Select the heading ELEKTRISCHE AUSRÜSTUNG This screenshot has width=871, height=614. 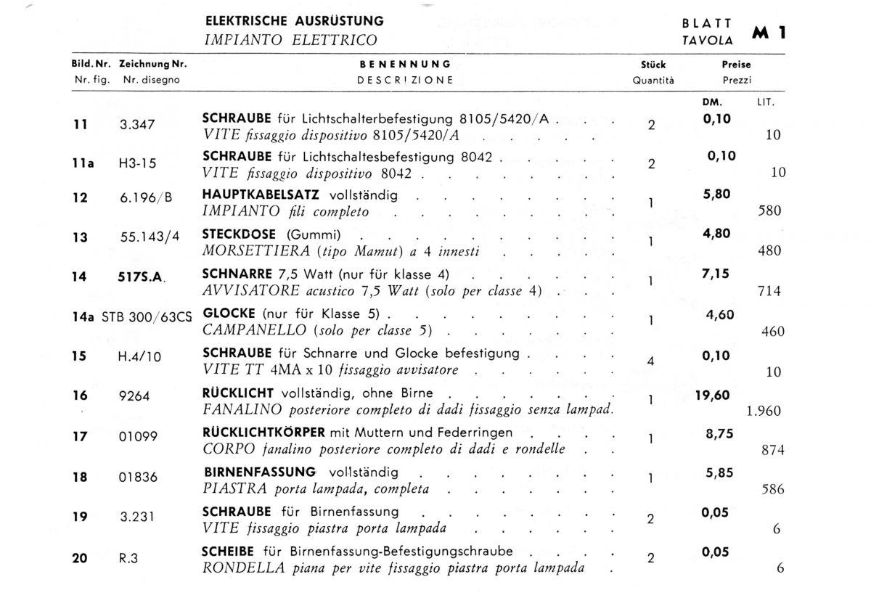[x=295, y=21]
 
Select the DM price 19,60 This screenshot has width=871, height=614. [x=712, y=396]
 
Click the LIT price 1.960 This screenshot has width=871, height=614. [x=764, y=412]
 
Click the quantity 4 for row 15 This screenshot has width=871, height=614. [x=650, y=361]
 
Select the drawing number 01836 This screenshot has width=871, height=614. [x=138, y=478]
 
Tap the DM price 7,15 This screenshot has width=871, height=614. [x=716, y=274]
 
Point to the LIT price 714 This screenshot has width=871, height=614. [x=768, y=292]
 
